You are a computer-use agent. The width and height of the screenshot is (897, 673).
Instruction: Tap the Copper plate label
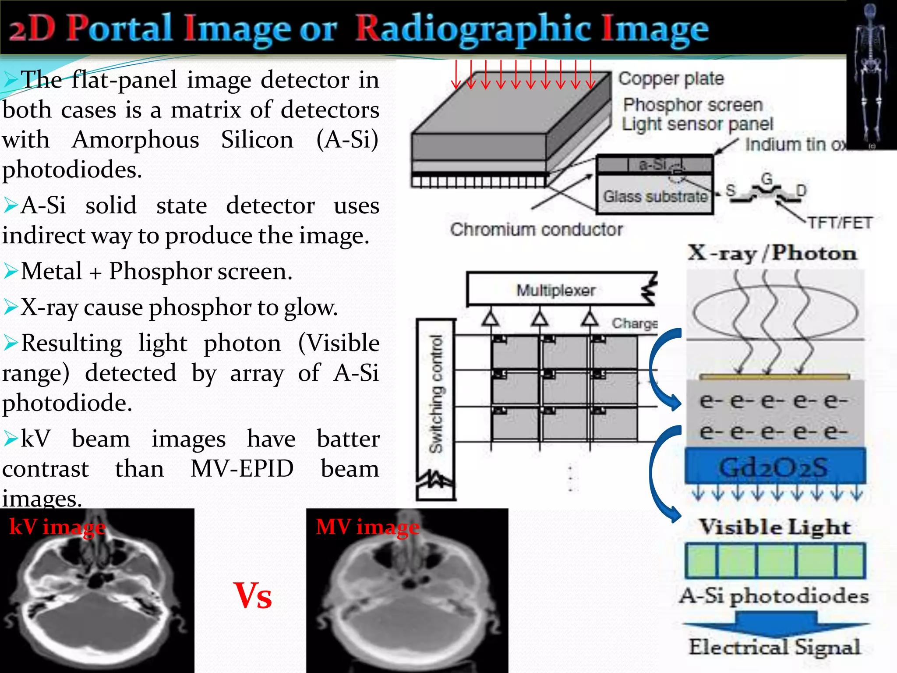(x=671, y=79)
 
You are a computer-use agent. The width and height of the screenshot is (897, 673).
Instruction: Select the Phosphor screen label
(x=693, y=105)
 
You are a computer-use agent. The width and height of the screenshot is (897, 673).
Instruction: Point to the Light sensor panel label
(x=697, y=124)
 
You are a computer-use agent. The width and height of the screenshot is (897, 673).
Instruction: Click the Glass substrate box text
(x=655, y=196)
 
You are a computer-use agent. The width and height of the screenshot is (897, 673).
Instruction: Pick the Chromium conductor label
(x=536, y=229)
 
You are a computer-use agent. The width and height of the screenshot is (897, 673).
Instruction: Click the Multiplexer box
(x=556, y=290)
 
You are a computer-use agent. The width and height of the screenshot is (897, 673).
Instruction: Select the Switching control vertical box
(x=436, y=410)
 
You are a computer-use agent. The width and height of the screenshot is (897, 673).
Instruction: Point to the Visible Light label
(x=774, y=527)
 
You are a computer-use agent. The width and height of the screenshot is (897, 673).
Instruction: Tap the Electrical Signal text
(x=774, y=647)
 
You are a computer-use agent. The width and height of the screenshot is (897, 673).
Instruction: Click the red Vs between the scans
(x=253, y=596)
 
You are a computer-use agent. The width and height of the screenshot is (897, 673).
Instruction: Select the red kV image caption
(x=57, y=527)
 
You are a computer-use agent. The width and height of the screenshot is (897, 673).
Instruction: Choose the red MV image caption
(x=367, y=527)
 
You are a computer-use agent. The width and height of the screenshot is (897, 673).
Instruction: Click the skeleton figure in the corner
(x=871, y=74)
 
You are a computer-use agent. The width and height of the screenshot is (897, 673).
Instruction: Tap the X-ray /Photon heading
(x=772, y=253)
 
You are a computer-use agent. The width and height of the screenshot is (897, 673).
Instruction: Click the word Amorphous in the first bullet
(x=135, y=140)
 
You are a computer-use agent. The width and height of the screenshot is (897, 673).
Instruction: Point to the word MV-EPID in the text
(x=242, y=469)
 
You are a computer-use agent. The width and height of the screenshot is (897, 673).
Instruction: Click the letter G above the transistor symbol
(x=766, y=178)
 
